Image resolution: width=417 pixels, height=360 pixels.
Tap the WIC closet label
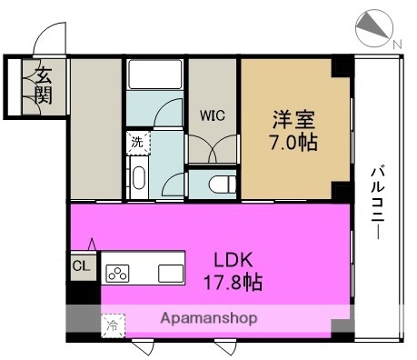click(x=213, y=115)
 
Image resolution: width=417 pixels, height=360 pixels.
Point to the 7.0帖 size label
click(x=293, y=143)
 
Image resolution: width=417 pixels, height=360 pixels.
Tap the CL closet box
click(x=81, y=266)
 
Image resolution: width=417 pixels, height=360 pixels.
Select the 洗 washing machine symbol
click(x=137, y=142)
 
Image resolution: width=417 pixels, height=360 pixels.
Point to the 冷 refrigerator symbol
click(x=113, y=322)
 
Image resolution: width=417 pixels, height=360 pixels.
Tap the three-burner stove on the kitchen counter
click(x=118, y=273)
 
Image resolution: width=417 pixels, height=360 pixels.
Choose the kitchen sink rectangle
click(x=172, y=272)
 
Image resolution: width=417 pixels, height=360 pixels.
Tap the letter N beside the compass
click(x=395, y=44)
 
